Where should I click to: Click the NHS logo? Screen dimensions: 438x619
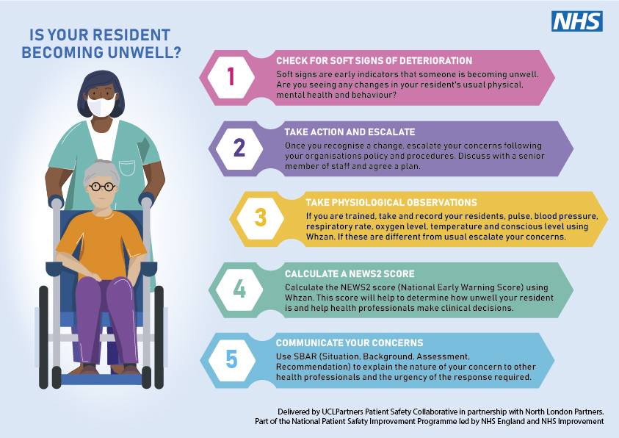(x=577, y=21)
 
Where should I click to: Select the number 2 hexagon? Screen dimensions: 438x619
(x=239, y=148)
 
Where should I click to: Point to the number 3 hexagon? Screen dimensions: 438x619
(x=260, y=218)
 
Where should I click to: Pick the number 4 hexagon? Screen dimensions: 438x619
(x=239, y=289)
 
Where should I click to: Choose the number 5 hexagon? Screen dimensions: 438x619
(x=231, y=359)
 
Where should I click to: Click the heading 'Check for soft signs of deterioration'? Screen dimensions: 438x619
(x=374, y=60)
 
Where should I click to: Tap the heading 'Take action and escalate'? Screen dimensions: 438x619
(x=350, y=132)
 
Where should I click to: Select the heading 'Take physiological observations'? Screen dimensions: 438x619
(x=391, y=202)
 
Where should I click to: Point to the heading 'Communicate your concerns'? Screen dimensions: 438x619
(x=348, y=343)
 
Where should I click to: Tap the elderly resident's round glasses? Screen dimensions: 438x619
(x=101, y=187)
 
